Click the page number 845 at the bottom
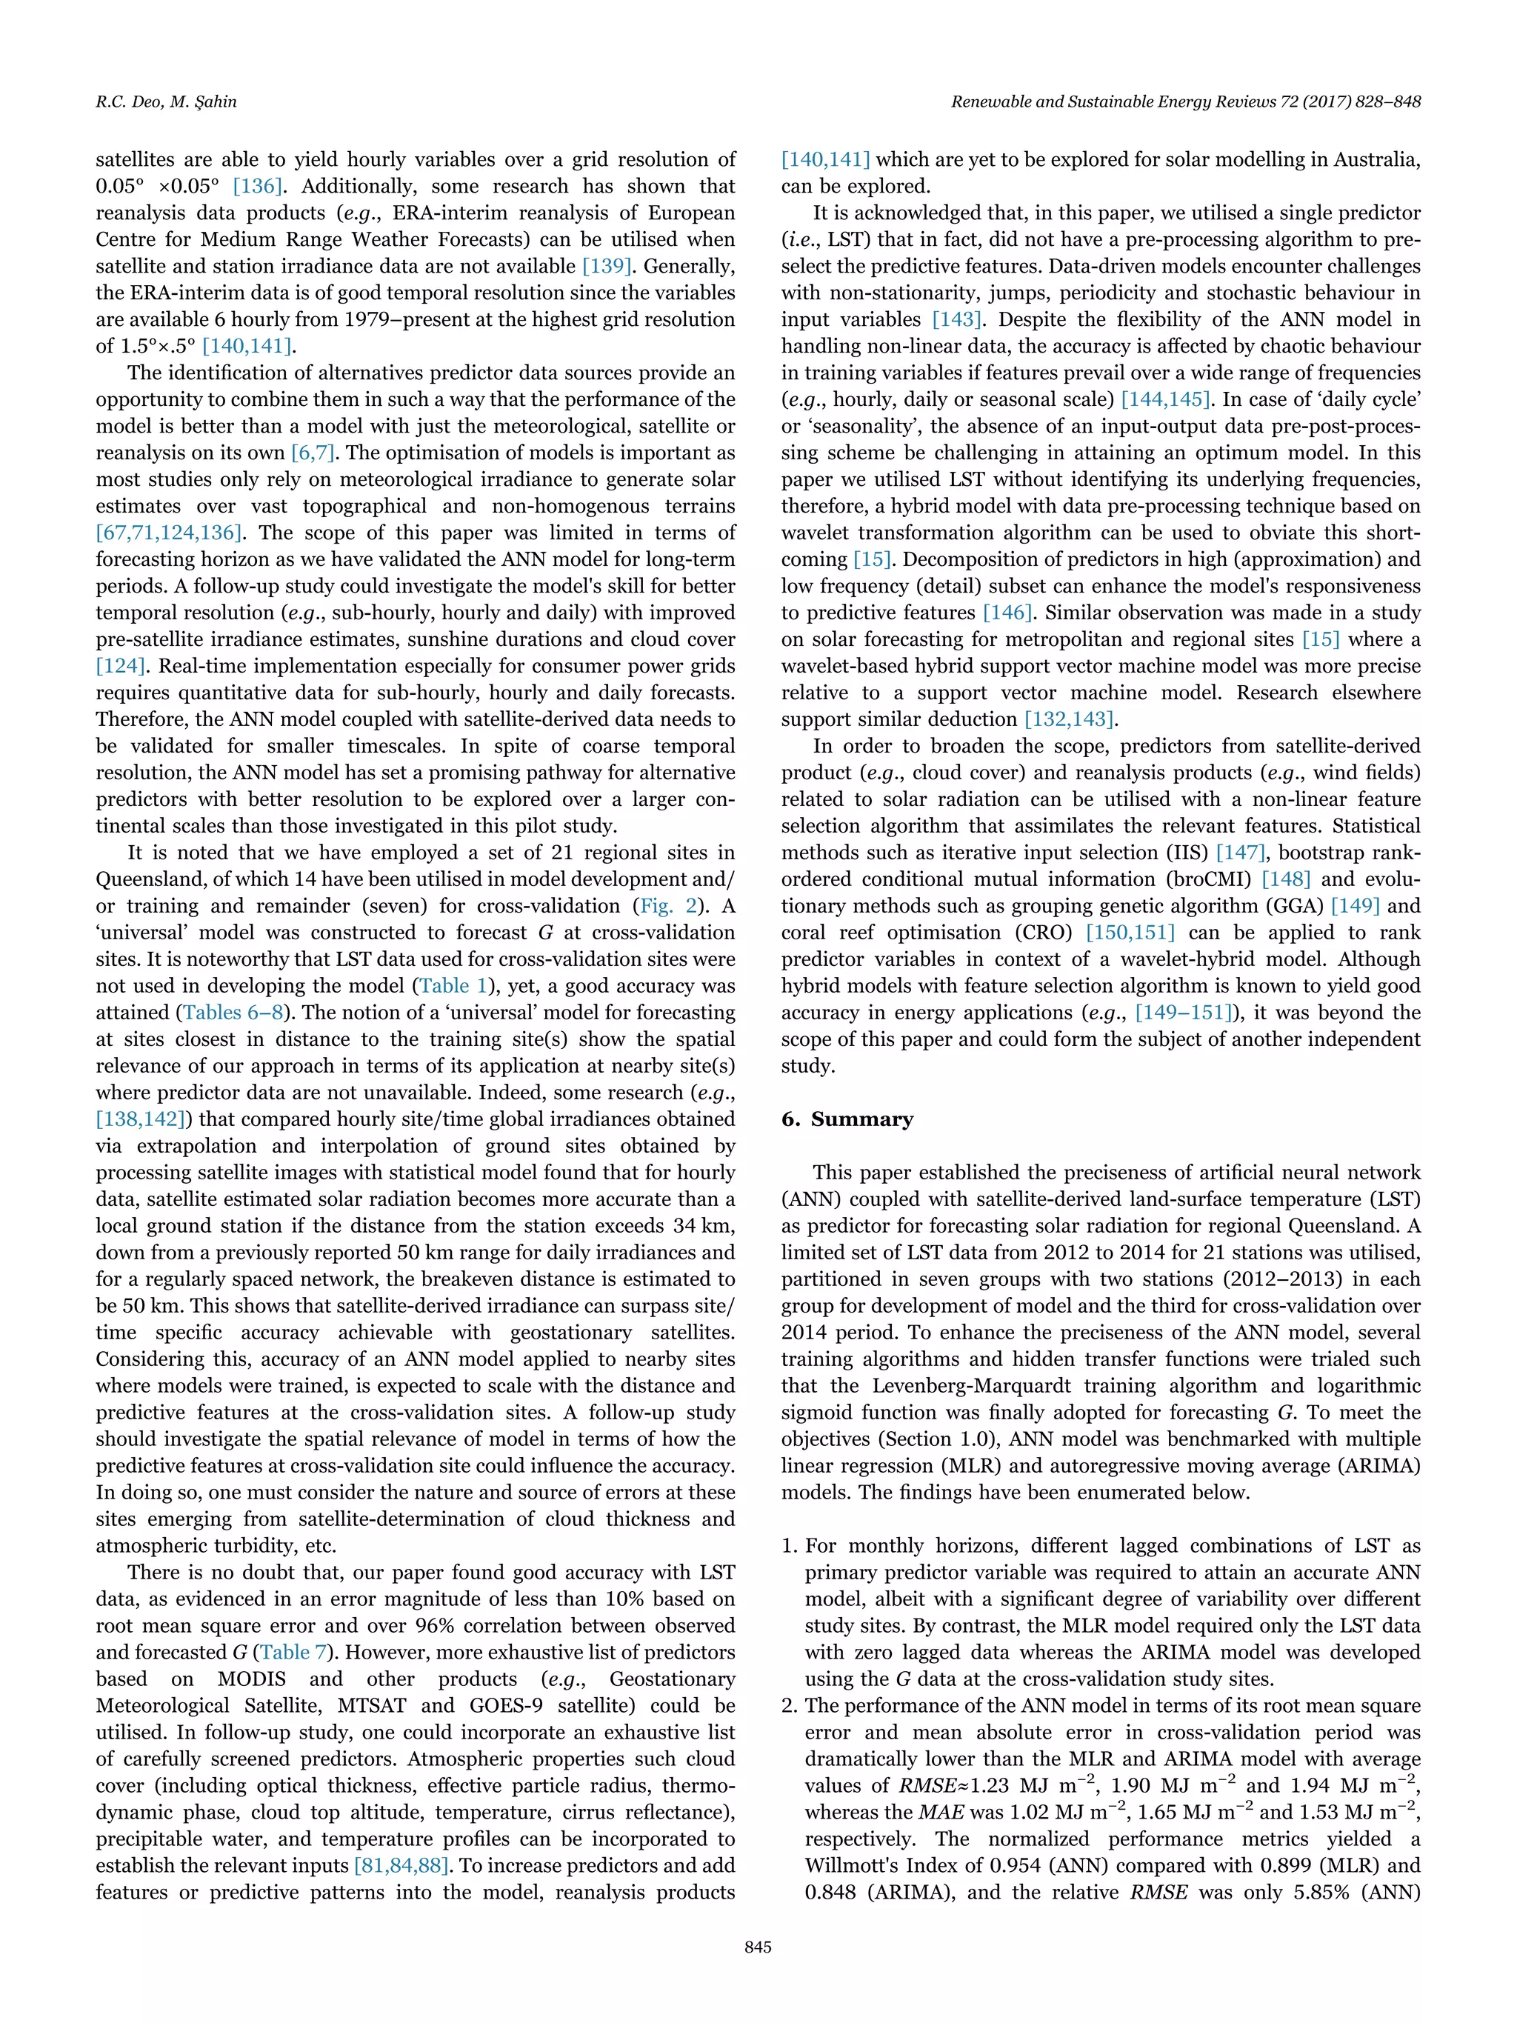[758, 1973]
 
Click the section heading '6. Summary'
[847, 1119]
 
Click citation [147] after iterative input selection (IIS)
[1240, 853]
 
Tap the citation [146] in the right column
[1006, 613]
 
